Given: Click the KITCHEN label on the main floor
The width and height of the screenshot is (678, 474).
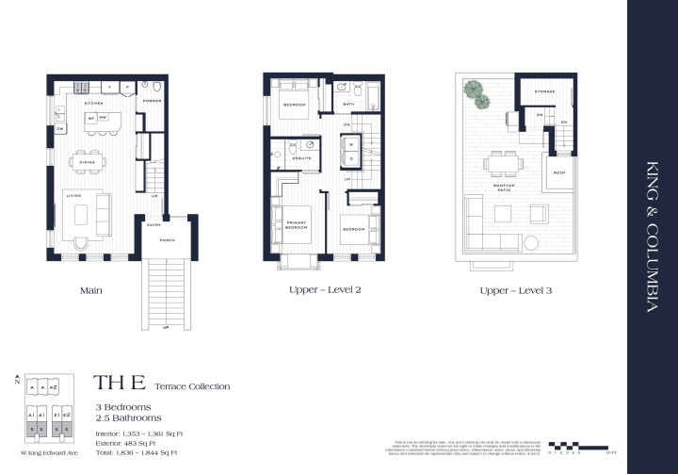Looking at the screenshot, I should click(x=93, y=103).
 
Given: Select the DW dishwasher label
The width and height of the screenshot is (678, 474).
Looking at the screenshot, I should click(x=58, y=128).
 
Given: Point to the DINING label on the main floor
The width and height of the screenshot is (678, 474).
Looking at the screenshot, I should click(x=87, y=162).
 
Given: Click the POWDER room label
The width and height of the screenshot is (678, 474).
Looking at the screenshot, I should click(x=153, y=100).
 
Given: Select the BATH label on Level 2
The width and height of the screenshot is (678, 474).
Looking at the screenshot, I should click(x=348, y=104).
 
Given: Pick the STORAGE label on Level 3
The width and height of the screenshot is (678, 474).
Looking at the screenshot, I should click(x=544, y=91).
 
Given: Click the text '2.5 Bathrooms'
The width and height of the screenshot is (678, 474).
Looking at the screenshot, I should click(x=127, y=417).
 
